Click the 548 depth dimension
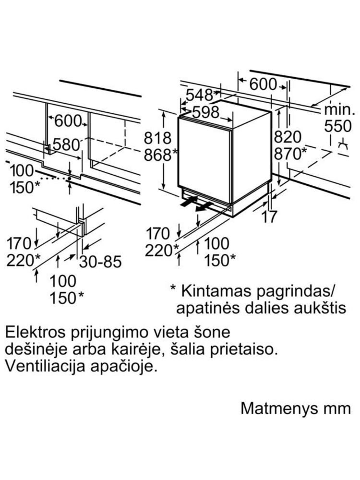[199, 95]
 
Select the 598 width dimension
[206, 112]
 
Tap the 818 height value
[157, 138]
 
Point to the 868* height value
[161, 155]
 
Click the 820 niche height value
[288, 137]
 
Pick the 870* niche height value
[290, 154]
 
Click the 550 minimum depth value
[338, 126]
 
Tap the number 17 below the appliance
[269, 217]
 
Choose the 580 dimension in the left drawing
[66, 144]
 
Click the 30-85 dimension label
[100, 262]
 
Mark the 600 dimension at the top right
[263, 84]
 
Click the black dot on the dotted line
[70, 179]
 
